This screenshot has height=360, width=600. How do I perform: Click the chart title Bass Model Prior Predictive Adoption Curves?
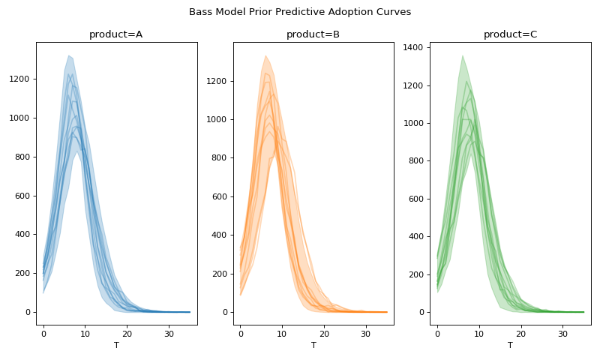point(300,12)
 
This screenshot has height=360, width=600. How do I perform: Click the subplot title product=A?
point(115,34)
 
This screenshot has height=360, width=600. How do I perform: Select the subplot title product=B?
point(313,34)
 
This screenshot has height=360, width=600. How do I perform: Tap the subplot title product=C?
point(510,34)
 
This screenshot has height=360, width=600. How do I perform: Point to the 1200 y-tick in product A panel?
point(20,79)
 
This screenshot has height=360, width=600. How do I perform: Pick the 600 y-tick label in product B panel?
point(220,196)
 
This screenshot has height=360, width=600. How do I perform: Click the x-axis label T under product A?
point(116,345)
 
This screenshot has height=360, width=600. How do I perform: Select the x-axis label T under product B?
point(313,345)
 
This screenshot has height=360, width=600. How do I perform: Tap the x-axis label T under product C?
point(510,345)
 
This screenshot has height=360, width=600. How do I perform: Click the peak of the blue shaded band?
point(68,56)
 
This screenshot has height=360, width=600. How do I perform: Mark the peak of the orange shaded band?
point(265,56)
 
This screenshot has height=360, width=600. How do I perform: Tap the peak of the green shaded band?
point(462,56)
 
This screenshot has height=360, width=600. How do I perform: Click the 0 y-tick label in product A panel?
point(28,312)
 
